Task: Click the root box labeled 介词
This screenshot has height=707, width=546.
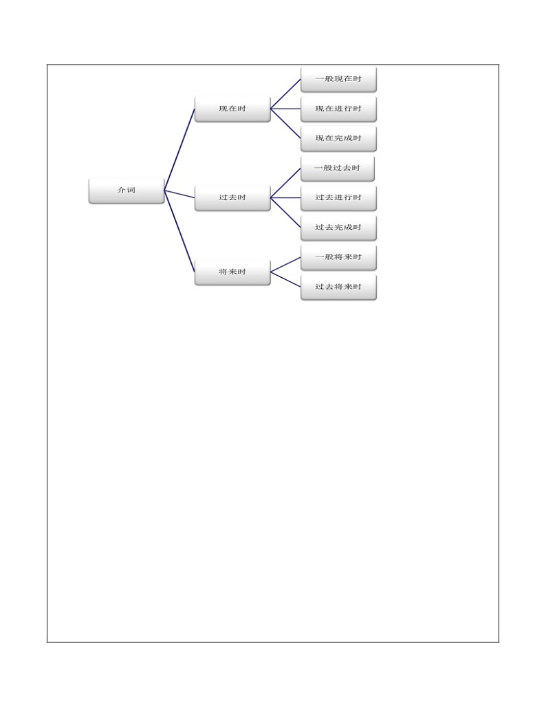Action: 127,191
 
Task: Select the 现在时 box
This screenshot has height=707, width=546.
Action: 232,109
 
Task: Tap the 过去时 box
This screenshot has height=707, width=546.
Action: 232,198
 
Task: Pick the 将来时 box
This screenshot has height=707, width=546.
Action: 232,272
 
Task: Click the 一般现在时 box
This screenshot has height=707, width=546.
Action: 338,79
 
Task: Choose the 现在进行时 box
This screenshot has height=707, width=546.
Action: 338,109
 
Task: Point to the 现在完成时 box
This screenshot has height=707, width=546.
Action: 338,138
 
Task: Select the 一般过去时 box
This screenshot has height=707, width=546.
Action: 337,168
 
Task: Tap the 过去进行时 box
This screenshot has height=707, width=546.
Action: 338,198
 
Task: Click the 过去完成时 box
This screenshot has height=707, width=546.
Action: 338,228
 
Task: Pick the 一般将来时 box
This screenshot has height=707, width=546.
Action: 338,257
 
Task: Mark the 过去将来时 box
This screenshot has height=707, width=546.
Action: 338,287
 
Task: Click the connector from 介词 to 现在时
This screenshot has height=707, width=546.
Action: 179,149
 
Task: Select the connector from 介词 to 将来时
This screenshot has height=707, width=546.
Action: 179,231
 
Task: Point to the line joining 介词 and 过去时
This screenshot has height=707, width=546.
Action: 179,194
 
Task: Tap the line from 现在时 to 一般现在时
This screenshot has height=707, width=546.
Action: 285,94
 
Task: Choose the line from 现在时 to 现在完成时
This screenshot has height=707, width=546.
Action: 285,124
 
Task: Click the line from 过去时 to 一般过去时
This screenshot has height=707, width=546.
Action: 285,184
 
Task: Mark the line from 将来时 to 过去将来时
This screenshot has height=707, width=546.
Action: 285,279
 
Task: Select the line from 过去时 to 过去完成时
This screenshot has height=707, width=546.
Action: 285,213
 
